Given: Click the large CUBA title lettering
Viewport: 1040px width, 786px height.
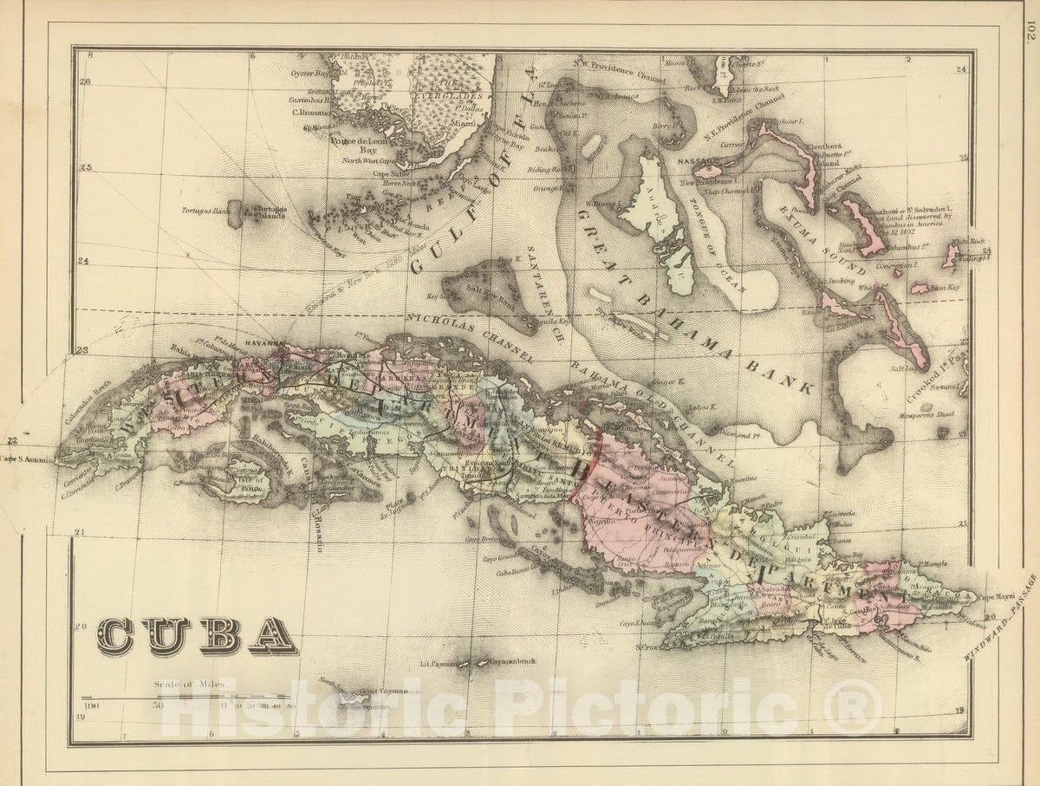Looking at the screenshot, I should (x=197, y=637).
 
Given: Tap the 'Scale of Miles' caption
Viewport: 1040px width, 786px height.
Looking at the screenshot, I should (x=190, y=684).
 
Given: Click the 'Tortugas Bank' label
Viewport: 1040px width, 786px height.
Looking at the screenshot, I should (x=205, y=211).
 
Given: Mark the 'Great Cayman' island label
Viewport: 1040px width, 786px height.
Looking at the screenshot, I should (x=382, y=692).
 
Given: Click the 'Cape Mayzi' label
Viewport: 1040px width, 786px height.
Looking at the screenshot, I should (x=997, y=596).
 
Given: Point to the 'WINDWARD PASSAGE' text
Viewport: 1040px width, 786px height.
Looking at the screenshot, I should (x=1003, y=616).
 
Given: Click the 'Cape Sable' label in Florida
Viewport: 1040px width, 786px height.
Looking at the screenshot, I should (x=389, y=172).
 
